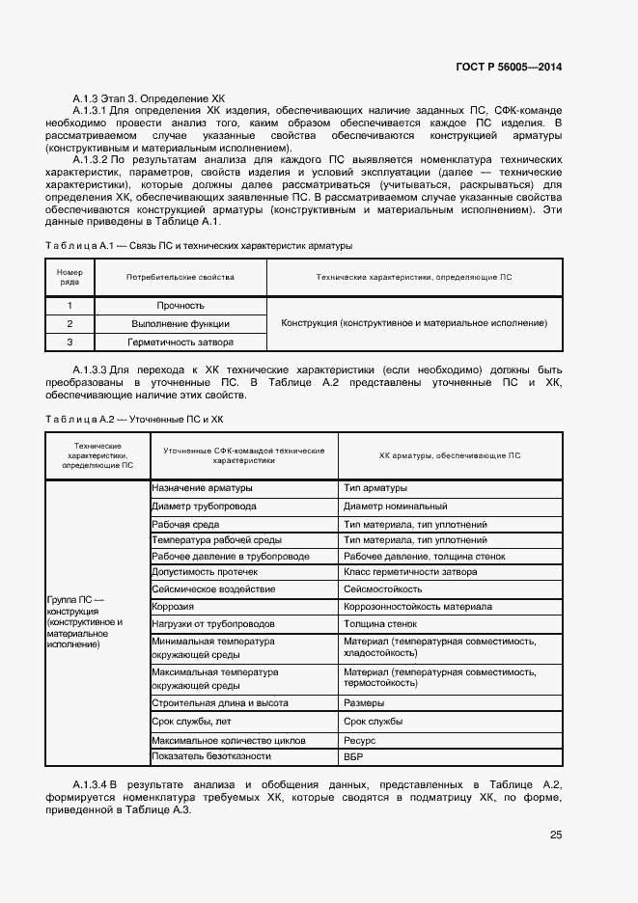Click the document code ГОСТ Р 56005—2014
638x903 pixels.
(x=508, y=67)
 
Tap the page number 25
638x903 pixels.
(x=555, y=835)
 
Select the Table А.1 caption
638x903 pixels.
(x=199, y=246)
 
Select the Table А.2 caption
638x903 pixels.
(x=134, y=419)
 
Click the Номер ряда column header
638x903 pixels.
(x=69, y=277)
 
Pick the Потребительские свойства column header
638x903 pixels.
(x=180, y=277)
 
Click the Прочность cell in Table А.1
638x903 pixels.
(x=180, y=306)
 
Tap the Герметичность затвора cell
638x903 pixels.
(x=180, y=342)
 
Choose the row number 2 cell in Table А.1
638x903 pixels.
(x=69, y=323)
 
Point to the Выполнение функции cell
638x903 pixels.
(x=180, y=323)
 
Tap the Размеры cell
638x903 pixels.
(x=364, y=702)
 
